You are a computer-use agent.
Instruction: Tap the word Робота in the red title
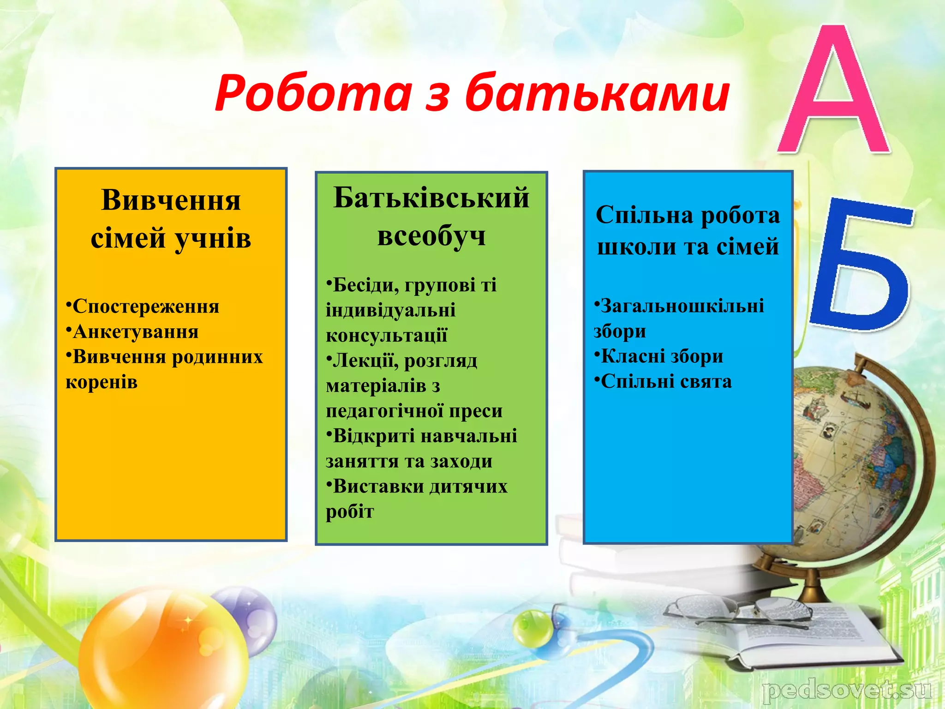313,94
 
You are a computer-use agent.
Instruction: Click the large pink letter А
834,92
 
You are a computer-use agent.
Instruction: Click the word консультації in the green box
387,335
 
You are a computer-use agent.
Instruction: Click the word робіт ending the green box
350,511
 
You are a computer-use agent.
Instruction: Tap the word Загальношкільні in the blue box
682,306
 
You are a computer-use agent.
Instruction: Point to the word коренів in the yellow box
102,382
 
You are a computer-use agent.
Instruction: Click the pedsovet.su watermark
846,691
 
